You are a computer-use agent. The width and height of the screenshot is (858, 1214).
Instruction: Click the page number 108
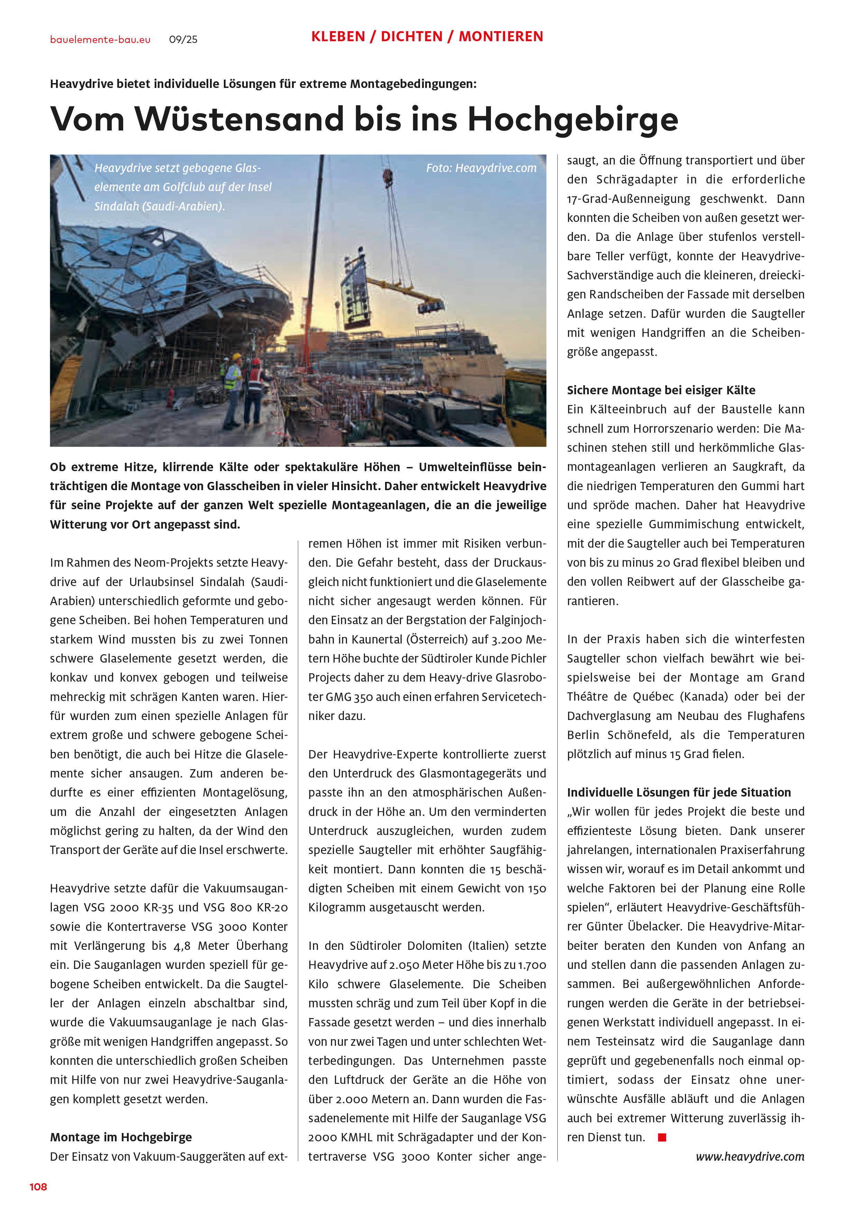click(38, 1187)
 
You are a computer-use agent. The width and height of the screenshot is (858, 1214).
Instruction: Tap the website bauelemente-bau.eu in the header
click(100, 40)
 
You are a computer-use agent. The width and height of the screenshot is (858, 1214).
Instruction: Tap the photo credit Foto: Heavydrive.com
click(481, 168)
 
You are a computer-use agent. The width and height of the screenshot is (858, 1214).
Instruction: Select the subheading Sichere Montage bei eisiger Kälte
click(661, 390)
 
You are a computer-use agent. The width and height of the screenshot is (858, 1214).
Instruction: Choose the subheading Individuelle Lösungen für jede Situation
click(678, 792)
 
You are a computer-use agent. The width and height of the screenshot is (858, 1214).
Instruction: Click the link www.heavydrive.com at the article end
click(750, 1157)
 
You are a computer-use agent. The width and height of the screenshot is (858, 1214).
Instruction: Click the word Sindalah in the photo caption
click(116, 206)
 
